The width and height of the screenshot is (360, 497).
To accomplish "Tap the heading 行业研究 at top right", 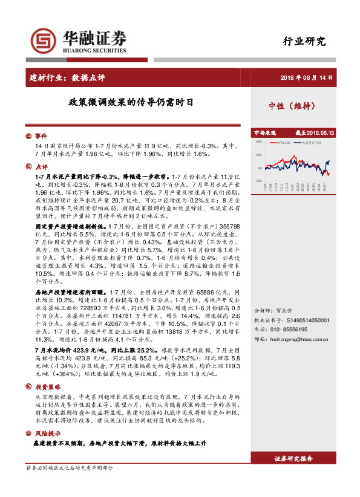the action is [304, 42].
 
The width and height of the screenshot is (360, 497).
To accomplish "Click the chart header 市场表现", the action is [264, 132].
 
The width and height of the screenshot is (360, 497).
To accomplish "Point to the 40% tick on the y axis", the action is [258, 143].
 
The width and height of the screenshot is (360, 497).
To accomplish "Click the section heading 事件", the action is [41, 136].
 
